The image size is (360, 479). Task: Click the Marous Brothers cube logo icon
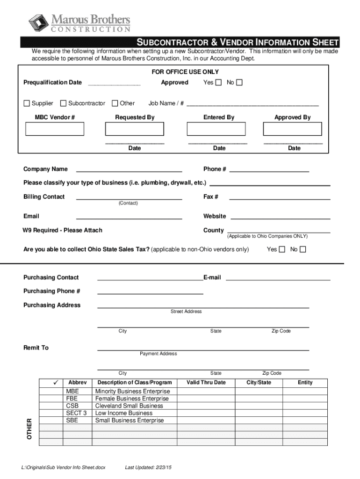pyautogui.click(x=38, y=22)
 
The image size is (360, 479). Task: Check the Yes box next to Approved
pyautogui.click(x=218, y=83)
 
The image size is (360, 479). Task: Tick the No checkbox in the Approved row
pyautogui.click(x=239, y=83)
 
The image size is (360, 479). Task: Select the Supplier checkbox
pyautogui.click(x=27, y=103)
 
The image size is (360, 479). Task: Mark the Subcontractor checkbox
pyautogui.click(x=63, y=103)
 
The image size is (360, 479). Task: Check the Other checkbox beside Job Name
pyautogui.click(x=115, y=103)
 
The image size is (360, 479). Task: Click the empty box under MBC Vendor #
pyautogui.click(x=55, y=129)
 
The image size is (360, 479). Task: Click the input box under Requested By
pyautogui.click(x=135, y=129)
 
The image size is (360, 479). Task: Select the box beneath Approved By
pyautogui.click(x=293, y=129)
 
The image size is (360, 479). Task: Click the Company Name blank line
pyautogui.click(x=129, y=169)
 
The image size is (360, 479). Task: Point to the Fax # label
pyautogui.click(x=211, y=197)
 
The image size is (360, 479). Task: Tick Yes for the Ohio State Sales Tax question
pyautogui.click(x=282, y=250)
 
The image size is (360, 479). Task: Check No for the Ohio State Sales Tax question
pyautogui.click(x=303, y=250)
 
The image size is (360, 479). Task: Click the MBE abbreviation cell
pyautogui.click(x=73, y=391)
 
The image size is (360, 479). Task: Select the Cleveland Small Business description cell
pyautogui.click(x=129, y=406)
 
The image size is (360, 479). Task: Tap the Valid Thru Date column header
pyautogui.click(x=206, y=383)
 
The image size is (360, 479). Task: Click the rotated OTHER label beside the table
pyautogui.click(x=29, y=428)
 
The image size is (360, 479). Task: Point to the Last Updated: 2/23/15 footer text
pyautogui.click(x=149, y=467)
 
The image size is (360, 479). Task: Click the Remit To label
pyautogui.click(x=36, y=348)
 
